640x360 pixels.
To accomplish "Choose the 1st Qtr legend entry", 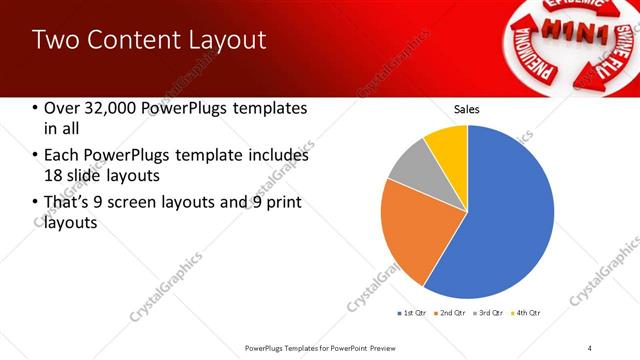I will click(x=411, y=313).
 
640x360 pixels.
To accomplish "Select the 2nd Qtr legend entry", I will click(x=451, y=313).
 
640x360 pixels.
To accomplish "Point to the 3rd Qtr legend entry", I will click(x=489, y=313).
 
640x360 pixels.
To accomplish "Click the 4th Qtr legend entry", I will click(x=526, y=313).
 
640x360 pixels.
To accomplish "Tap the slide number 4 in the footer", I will click(x=590, y=347).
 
